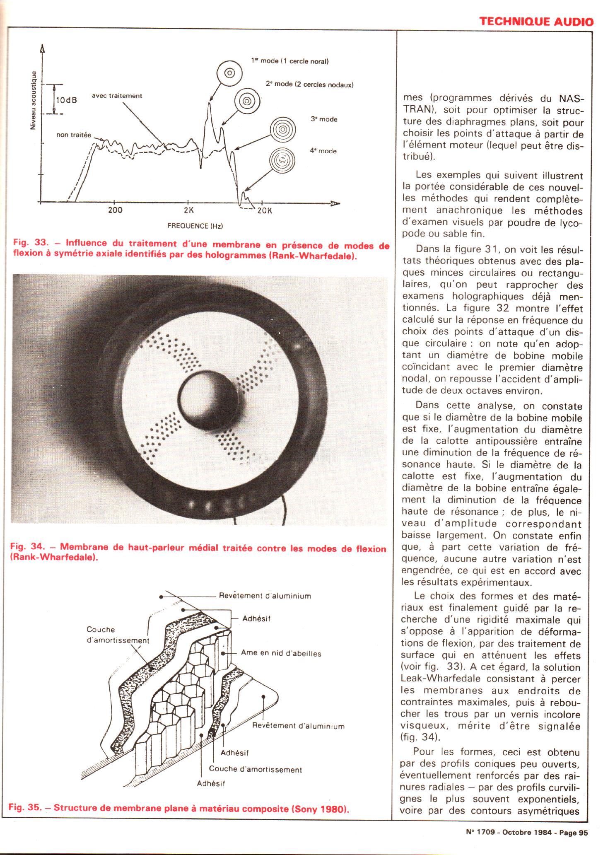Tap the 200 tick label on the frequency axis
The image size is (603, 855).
point(115,210)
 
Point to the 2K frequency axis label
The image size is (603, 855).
point(188,210)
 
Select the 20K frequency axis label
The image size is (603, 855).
point(264,210)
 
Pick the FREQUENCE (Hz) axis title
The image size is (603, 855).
point(195,226)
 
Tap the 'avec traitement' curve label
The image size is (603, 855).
point(117,96)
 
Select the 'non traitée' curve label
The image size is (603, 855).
point(74,135)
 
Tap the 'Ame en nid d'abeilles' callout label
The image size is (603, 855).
point(281,653)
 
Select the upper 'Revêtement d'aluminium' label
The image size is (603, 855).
point(265,596)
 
